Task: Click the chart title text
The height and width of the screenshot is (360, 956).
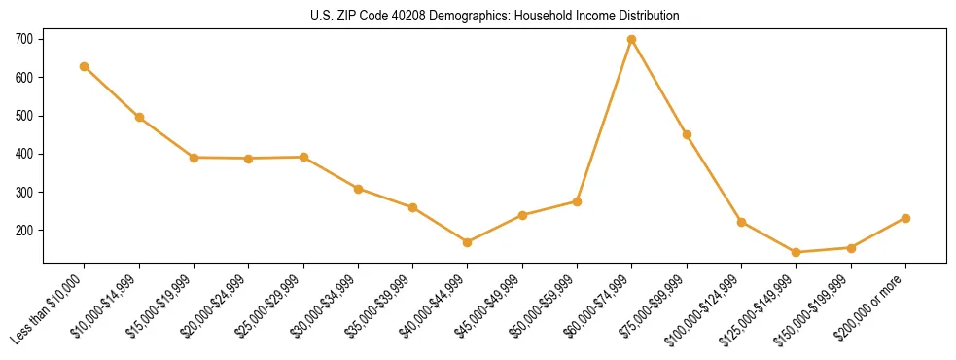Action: (x=494, y=17)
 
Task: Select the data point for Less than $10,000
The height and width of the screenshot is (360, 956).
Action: (x=85, y=66)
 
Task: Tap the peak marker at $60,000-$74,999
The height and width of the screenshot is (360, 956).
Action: (x=632, y=40)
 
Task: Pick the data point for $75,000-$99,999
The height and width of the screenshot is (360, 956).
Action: (x=687, y=134)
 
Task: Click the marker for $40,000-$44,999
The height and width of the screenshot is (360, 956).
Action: (x=468, y=242)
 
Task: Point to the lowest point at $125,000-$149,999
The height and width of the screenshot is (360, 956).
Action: (x=797, y=252)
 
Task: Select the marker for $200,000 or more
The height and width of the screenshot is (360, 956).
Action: (x=905, y=218)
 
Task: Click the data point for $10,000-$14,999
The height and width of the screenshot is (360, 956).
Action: (x=139, y=118)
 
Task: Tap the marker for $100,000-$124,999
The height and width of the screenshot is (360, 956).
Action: (x=742, y=222)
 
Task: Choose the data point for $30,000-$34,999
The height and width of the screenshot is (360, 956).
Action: (x=359, y=189)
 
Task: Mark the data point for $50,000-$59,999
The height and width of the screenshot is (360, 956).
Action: (x=577, y=201)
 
